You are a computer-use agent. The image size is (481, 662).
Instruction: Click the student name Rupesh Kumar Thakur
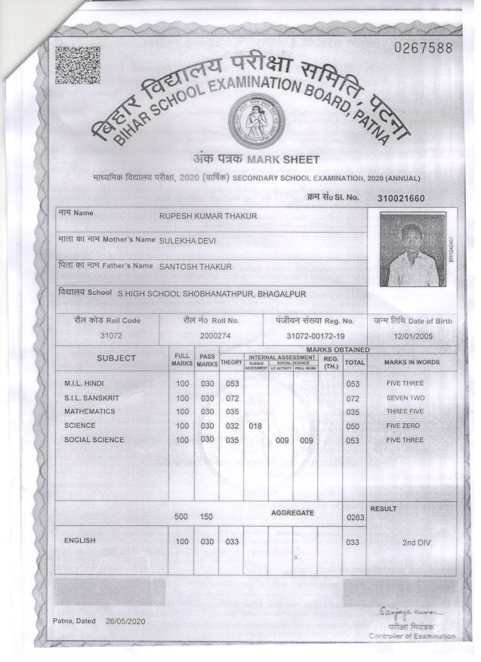pyautogui.click(x=208, y=216)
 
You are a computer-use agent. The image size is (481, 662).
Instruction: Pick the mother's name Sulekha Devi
pyautogui.click(x=189, y=240)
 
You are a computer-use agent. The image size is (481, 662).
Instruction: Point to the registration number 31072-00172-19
pyautogui.click(x=316, y=335)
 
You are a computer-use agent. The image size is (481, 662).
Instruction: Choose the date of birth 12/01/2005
pyautogui.click(x=411, y=335)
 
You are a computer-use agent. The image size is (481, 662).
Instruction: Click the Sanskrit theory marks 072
pyautogui.click(x=232, y=398)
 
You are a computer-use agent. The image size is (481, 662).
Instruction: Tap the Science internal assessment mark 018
pyautogui.click(x=255, y=426)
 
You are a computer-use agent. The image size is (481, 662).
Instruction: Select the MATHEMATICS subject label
pyautogui.click(x=90, y=412)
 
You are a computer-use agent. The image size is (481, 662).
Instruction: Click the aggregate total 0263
pyautogui.click(x=354, y=518)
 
